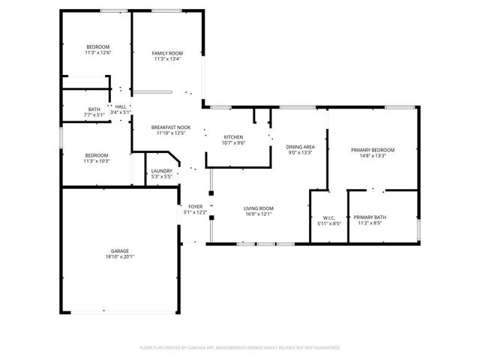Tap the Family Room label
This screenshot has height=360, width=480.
point(168,53)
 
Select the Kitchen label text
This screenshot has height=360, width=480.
point(233,136)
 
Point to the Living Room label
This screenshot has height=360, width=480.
point(258,208)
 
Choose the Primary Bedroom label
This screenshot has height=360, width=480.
point(373,150)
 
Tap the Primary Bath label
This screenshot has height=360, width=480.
point(369,217)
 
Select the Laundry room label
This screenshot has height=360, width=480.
point(162,171)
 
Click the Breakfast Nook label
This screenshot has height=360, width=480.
point(171,127)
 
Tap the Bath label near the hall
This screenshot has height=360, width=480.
point(94,109)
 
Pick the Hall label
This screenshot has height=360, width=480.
point(120,106)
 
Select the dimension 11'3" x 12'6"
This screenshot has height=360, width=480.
point(97,52)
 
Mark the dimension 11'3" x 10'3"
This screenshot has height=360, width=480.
point(97,160)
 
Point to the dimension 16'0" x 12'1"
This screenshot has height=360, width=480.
point(258,214)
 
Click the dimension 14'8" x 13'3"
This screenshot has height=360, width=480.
point(373,156)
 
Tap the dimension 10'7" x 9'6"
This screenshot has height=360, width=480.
point(233,142)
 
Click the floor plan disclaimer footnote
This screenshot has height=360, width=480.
point(240,348)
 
